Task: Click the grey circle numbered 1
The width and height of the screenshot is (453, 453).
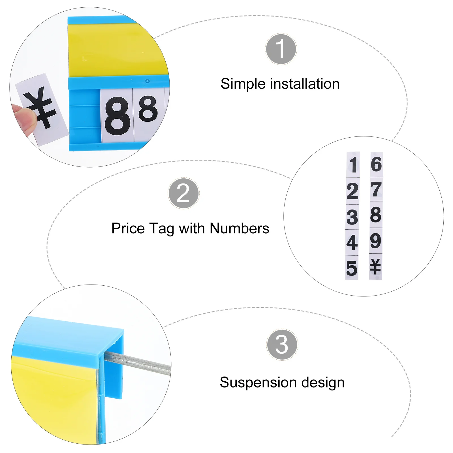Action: [x=281, y=49]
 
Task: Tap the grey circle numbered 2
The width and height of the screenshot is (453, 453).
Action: [x=183, y=193]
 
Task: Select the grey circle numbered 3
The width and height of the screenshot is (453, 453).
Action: [x=282, y=345]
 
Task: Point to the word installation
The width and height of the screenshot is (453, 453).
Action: [x=305, y=84]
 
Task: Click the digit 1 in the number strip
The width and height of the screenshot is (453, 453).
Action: [x=353, y=164]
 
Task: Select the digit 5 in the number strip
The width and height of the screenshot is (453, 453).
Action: [x=352, y=268]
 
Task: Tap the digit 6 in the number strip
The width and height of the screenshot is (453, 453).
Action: [x=376, y=164]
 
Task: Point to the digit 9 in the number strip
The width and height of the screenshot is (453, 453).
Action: [x=376, y=241]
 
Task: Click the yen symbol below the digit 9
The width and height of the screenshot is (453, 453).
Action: [x=375, y=267]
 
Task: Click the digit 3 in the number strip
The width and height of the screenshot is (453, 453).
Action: [x=352, y=217]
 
